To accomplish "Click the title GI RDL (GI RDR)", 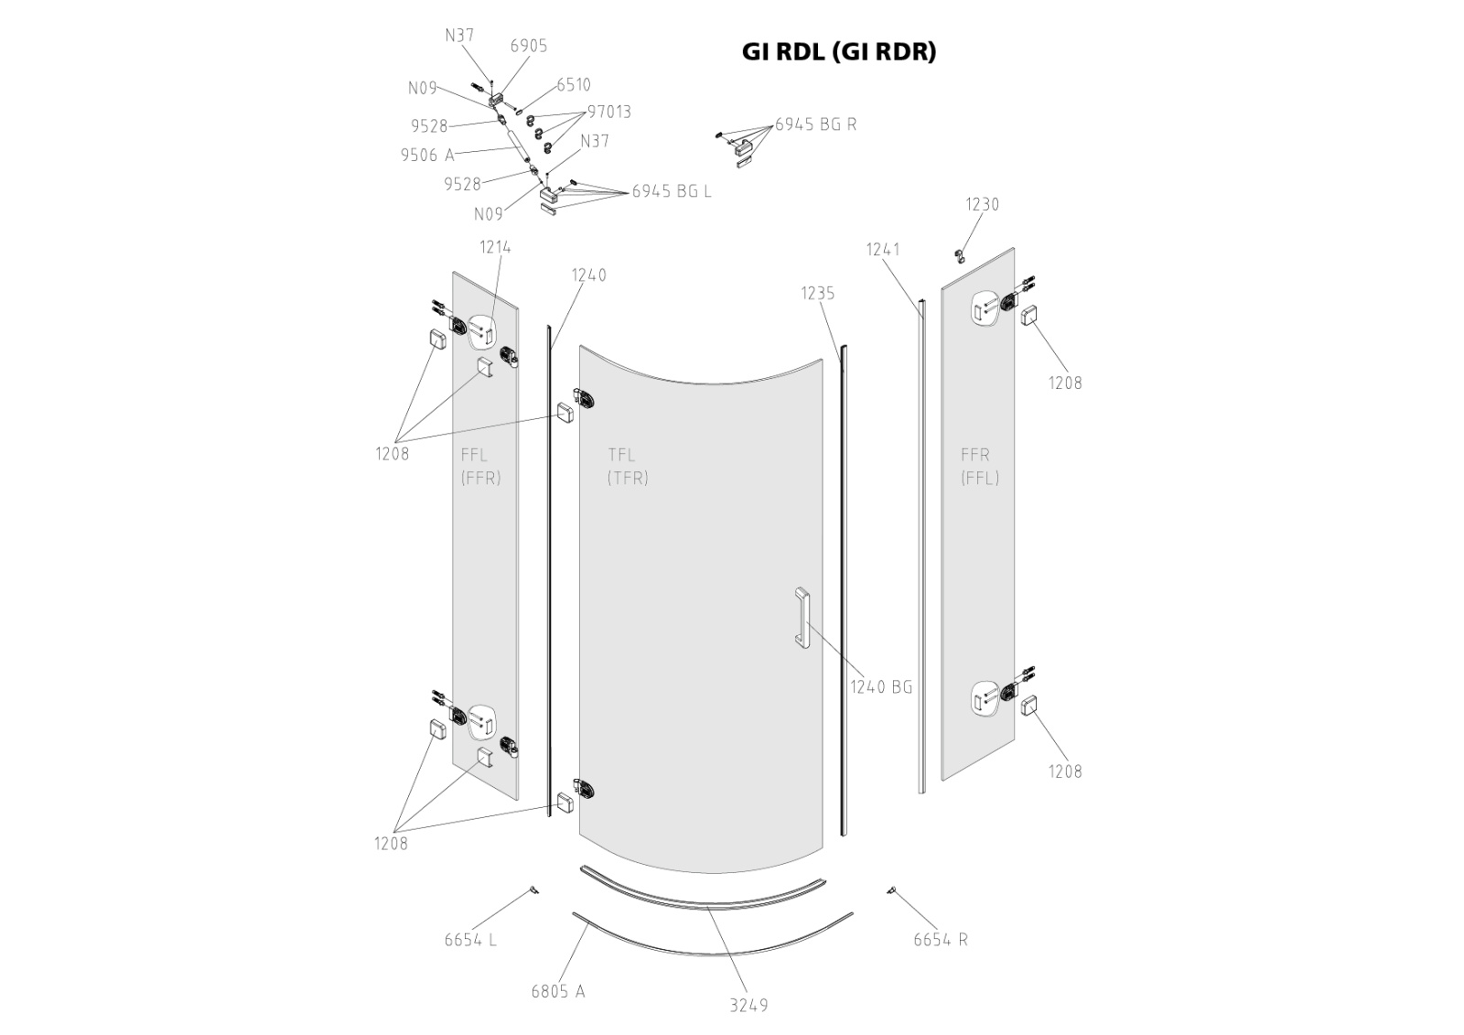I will pyautogui.click(x=839, y=52).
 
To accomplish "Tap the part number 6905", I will pyautogui.click(x=529, y=46).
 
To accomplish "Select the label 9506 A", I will pyautogui.click(x=426, y=156).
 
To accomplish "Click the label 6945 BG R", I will pyautogui.click(x=815, y=124).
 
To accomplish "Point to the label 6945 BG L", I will pyautogui.click(x=672, y=191).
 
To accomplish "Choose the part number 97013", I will pyautogui.click(x=609, y=112).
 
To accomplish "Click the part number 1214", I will pyautogui.click(x=495, y=247).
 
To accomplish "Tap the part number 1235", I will pyautogui.click(x=818, y=294).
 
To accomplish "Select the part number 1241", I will pyautogui.click(x=884, y=249).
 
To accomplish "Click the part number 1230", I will pyautogui.click(x=983, y=205).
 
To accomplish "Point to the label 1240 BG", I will pyautogui.click(x=881, y=687).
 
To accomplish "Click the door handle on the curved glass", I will pyautogui.click(x=802, y=618).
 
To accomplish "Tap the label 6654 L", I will pyautogui.click(x=470, y=940).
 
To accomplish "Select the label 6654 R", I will pyautogui.click(x=941, y=940).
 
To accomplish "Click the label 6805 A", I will pyautogui.click(x=557, y=991).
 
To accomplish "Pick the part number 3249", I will pyautogui.click(x=748, y=1006).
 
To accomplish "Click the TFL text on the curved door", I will pyautogui.click(x=621, y=455).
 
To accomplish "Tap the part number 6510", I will pyautogui.click(x=574, y=85).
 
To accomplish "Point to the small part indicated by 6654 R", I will pyautogui.click(x=890, y=889).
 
